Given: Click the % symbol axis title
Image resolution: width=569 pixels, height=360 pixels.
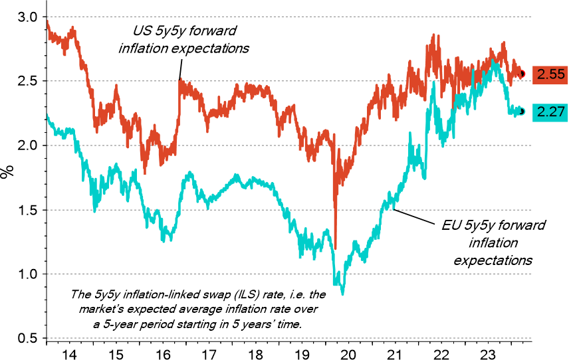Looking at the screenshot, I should pyautogui.click(x=7, y=173).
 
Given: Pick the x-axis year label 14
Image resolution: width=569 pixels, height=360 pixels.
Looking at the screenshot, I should pyautogui.click(x=69, y=353).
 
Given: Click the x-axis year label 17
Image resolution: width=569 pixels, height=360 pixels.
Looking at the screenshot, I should pyautogui.click(x=210, y=353).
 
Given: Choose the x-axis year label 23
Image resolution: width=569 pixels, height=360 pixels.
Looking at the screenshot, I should pyautogui.click(x=493, y=353).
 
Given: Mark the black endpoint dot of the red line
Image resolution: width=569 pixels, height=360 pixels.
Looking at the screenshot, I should pyautogui.click(x=522, y=74).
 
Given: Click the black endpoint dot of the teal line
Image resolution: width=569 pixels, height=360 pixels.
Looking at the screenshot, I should pyautogui.click(x=522, y=112).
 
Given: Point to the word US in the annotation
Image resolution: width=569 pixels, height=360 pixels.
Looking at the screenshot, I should pyautogui.click(x=136, y=31).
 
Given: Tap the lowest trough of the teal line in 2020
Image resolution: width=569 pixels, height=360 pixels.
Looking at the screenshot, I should pyautogui.click(x=342, y=293).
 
